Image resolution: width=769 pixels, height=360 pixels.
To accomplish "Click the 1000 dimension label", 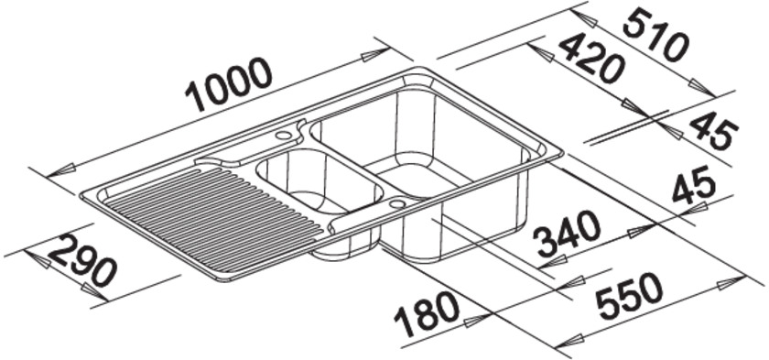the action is [x=229, y=84].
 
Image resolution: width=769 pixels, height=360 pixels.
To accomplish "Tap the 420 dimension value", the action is [x=591, y=60].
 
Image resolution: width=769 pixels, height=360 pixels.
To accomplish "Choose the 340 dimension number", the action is [x=569, y=235].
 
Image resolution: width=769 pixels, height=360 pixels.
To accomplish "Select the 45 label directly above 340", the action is [x=694, y=185].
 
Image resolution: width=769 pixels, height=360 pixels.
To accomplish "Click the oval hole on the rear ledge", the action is [x=283, y=135].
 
